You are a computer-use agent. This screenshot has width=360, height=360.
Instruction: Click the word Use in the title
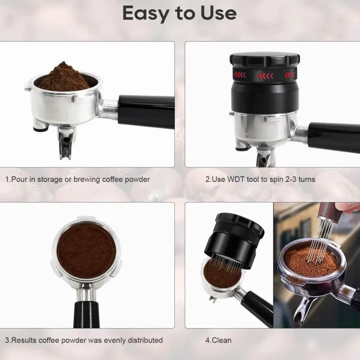click(x=219, y=13)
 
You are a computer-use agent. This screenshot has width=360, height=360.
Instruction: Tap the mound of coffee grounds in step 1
click(x=65, y=77)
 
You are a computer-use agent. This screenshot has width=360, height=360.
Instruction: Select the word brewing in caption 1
click(x=86, y=180)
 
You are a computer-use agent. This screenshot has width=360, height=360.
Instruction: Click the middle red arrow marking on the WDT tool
click(x=266, y=76)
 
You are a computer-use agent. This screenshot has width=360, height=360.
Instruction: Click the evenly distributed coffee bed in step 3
click(x=86, y=251)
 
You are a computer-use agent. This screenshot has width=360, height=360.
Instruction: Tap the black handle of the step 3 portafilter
click(x=86, y=315)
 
